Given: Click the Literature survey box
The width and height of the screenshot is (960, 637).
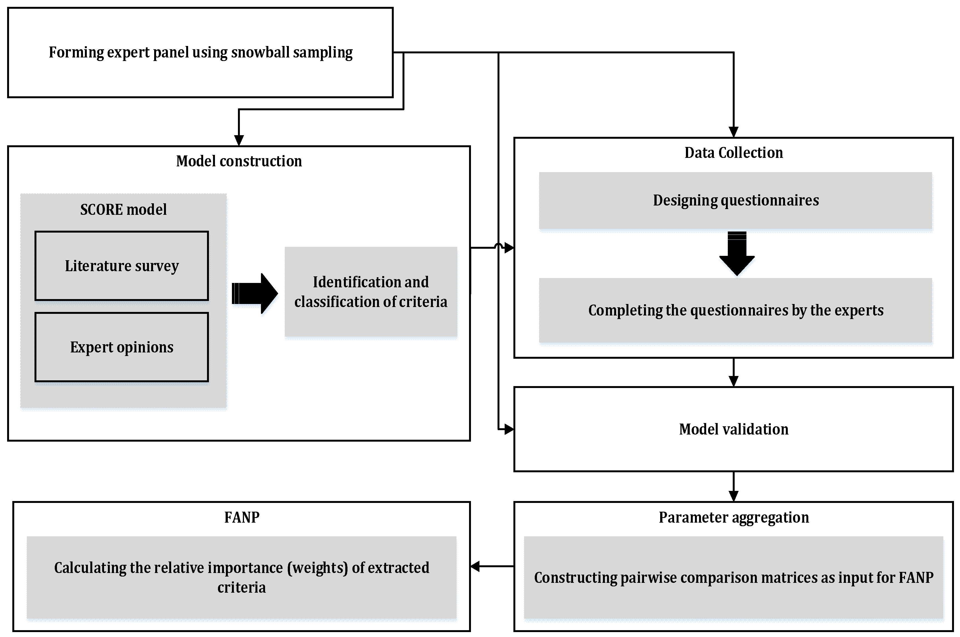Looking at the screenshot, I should pyautogui.click(x=122, y=266).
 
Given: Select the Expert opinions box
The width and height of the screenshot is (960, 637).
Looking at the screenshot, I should pyautogui.click(x=122, y=347).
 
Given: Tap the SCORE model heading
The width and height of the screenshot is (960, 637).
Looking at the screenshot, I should pyautogui.click(x=123, y=210).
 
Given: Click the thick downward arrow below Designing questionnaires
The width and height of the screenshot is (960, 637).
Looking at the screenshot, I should pyautogui.click(x=737, y=254).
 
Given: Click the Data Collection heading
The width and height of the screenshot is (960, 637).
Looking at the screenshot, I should pyautogui.click(x=733, y=153).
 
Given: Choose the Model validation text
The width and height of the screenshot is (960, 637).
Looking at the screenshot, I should pyautogui.click(x=733, y=429).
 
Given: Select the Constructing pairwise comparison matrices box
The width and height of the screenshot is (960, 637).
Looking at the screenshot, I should pyautogui.click(x=733, y=577).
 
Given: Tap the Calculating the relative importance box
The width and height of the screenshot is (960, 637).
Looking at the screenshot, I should pyautogui.click(x=242, y=577).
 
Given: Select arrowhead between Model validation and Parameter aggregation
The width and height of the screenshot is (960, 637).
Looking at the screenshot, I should pyautogui.click(x=733, y=496).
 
